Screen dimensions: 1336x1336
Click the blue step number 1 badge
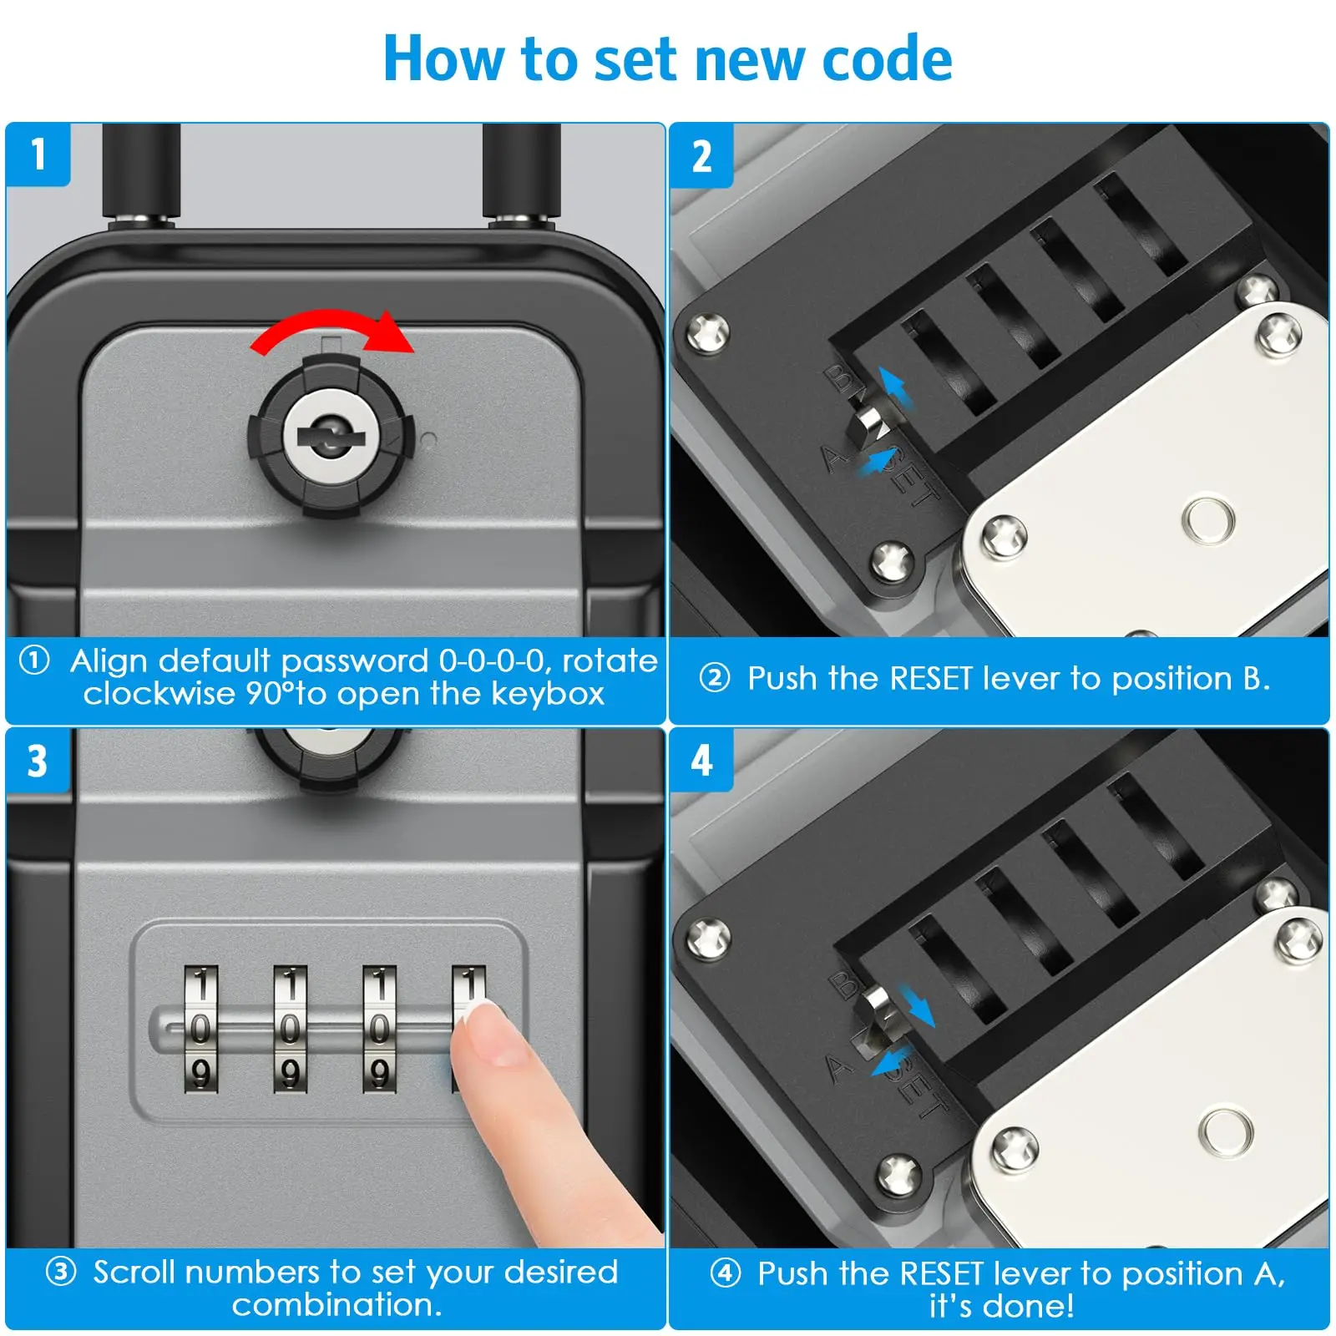click(38, 154)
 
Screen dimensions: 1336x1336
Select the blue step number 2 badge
click(701, 156)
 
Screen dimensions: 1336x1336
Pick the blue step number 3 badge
click(38, 761)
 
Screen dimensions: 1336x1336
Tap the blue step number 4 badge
click(701, 761)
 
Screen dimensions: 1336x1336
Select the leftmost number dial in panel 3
click(200, 1029)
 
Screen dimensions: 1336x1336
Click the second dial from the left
click(290, 1029)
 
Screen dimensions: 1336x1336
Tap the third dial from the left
click(379, 1029)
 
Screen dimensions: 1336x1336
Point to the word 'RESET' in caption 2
click(931, 679)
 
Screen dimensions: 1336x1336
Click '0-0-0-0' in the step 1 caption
click(494, 661)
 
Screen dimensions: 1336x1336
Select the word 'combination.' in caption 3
click(337, 1304)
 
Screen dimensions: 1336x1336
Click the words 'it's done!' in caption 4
click(1001, 1305)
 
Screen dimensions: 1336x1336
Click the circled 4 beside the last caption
click(725, 1273)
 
